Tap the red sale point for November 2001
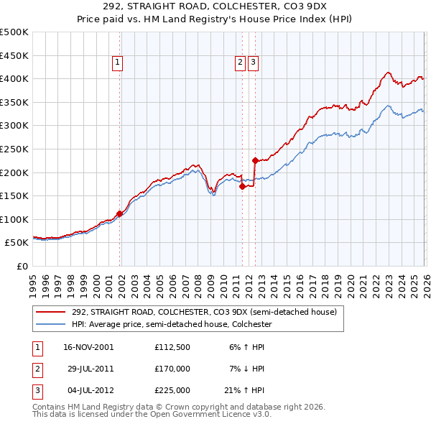click(x=119, y=213)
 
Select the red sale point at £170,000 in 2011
click(x=242, y=186)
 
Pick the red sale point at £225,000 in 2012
click(x=254, y=160)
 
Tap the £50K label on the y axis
click(x=17, y=243)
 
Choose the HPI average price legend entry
click(x=171, y=325)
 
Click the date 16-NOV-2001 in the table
click(x=88, y=347)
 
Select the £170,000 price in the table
click(x=172, y=369)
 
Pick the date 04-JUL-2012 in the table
click(x=88, y=390)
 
